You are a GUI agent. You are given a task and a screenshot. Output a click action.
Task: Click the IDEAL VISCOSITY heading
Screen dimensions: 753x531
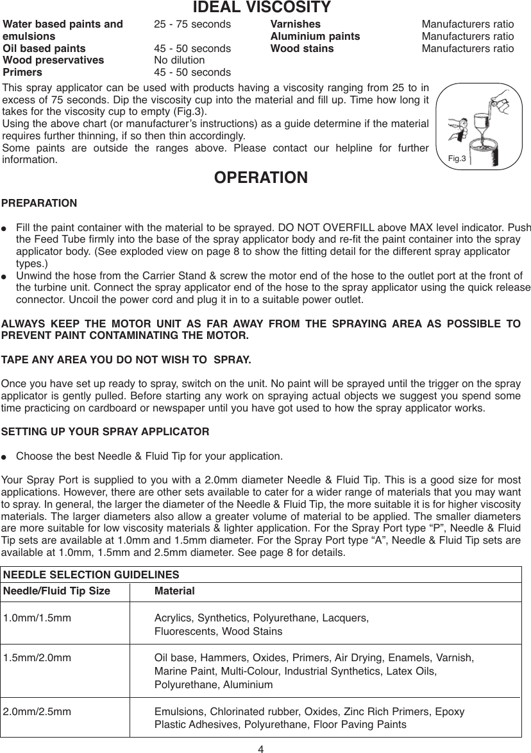point(262,8)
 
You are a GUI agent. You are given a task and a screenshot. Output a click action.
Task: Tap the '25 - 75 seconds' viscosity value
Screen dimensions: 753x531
point(192,24)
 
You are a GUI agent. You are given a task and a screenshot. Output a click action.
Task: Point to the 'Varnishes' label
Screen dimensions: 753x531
point(296,24)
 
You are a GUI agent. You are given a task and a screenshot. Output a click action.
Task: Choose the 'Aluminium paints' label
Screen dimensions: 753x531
point(315,37)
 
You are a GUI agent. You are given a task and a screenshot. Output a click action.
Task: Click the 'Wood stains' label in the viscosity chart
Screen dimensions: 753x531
point(302,49)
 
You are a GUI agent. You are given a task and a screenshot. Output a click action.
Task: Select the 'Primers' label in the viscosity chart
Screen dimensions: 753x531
point(23,73)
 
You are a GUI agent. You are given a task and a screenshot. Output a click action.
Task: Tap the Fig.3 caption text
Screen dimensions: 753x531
point(456,157)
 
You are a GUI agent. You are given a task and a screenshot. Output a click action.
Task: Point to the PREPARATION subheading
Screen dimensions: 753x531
point(39,203)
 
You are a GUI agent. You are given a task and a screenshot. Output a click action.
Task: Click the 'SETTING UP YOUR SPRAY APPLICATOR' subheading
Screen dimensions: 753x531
point(106,431)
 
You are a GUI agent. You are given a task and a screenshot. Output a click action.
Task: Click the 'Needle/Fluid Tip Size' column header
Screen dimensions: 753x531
point(56,591)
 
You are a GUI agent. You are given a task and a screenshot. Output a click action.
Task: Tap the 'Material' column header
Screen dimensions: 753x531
point(174,591)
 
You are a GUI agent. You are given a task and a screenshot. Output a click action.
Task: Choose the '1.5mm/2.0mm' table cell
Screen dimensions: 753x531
point(37,658)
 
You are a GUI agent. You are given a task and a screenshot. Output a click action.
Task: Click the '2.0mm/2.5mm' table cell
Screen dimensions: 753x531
point(37,712)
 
